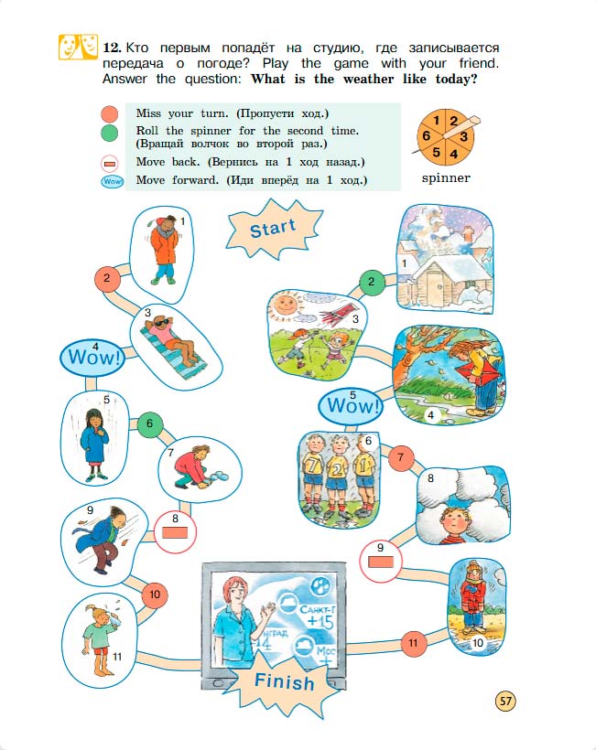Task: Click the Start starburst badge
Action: pos(274,229)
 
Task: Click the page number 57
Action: pos(505,702)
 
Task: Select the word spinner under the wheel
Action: pos(446,178)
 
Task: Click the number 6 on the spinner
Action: pos(426,136)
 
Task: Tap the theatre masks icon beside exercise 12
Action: pos(78,47)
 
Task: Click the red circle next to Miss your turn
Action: pos(110,115)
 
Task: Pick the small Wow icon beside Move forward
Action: pos(112,182)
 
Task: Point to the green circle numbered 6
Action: pos(150,423)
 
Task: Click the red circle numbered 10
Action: pos(155,595)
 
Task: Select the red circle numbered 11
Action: pos(413,643)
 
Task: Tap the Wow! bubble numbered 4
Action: pos(92,357)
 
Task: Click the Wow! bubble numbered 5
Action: pos(352,405)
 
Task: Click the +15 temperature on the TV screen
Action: pos(320,621)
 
